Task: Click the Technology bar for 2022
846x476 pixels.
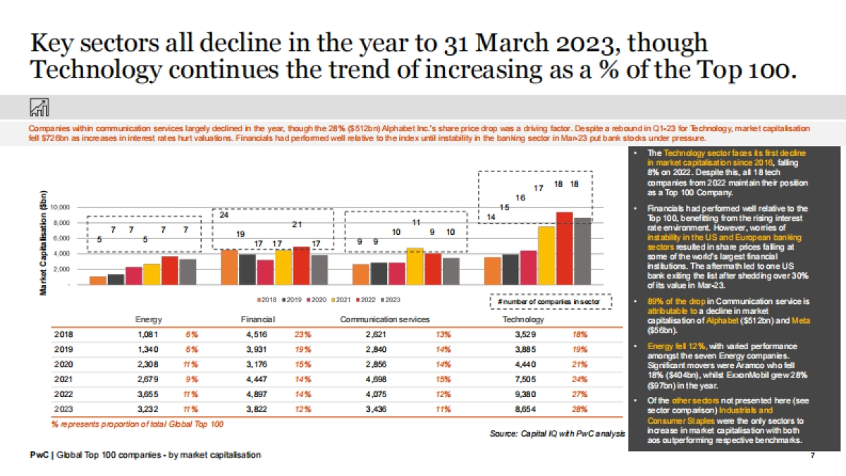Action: point(564,248)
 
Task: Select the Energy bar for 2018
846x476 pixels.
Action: point(98,281)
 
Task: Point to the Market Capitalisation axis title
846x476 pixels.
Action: point(44,243)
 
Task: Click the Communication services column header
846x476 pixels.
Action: point(385,319)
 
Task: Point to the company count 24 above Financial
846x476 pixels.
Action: point(224,215)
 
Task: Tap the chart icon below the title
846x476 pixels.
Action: point(39,107)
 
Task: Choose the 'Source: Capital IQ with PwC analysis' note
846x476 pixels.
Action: point(558,433)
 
